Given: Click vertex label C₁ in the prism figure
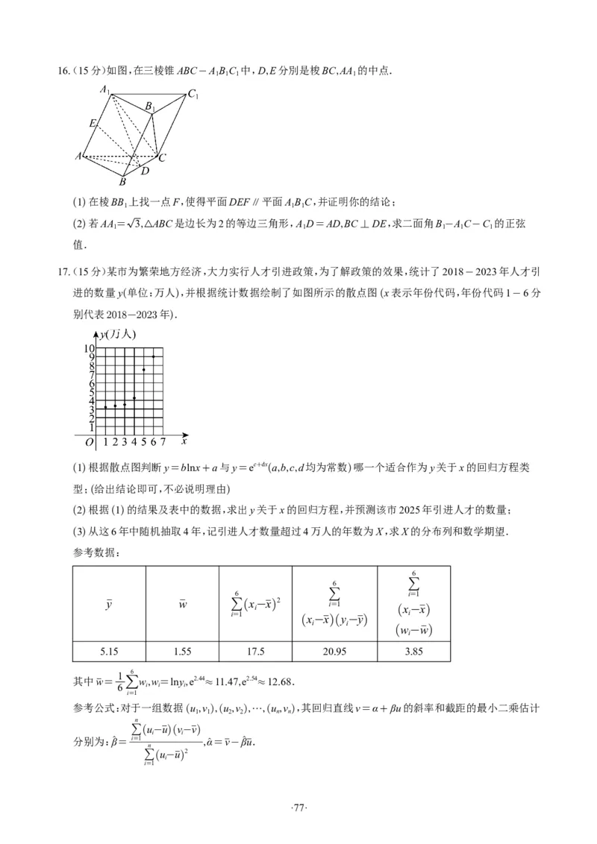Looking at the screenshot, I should click(x=193, y=94).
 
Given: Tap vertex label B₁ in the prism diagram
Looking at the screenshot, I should click(x=149, y=107).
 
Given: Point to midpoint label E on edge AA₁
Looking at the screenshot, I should click(x=92, y=123).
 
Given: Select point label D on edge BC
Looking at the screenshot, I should click(x=145, y=171).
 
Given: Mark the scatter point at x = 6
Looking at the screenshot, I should click(x=154, y=356).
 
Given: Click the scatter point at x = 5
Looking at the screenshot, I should click(x=144, y=370).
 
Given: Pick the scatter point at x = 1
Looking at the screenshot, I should click(x=106, y=407).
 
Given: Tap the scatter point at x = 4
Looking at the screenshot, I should click(x=134, y=398).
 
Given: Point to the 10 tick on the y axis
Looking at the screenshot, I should click(x=89, y=349).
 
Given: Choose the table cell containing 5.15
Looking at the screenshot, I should click(x=109, y=651).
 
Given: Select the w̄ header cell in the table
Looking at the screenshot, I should click(x=182, y=603).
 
